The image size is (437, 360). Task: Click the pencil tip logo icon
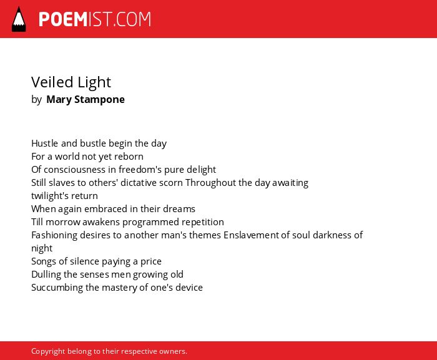(x=19, y=19)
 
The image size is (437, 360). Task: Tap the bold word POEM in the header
(x=63, y=19)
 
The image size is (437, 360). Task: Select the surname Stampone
(x=99, y=99)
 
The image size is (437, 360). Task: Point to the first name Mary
(x=59, y=99)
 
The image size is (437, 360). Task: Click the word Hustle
(x=45, y=144)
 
